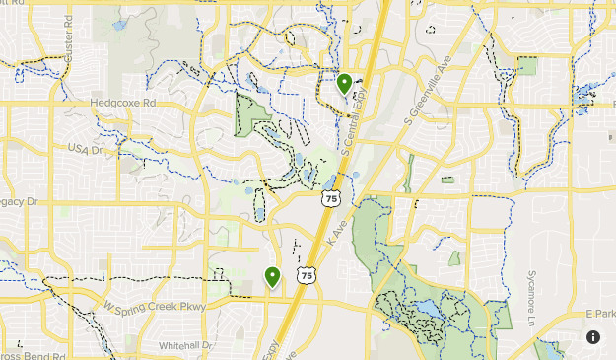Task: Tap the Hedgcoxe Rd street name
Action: pos(122,102)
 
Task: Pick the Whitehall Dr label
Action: pos(185,345)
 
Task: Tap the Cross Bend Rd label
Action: pos(32,354)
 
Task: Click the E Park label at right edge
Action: pos(599,313)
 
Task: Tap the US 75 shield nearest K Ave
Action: pos(329,198)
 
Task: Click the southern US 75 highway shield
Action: pos(308,276)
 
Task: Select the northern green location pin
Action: pos(344,83)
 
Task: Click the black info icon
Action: pos(593,337)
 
